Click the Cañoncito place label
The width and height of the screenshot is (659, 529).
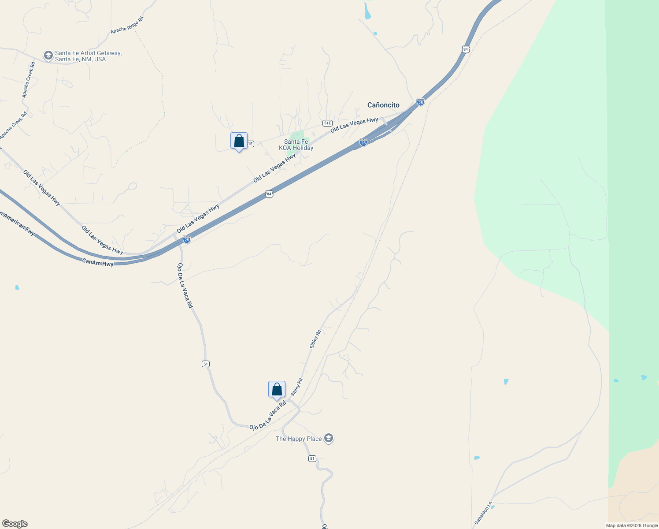click(383, 105)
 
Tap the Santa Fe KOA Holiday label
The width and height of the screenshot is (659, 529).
click(296, 145)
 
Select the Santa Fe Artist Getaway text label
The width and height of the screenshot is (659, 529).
click(88, 56)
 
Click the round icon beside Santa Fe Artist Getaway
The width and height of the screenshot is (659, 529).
click(48, 56)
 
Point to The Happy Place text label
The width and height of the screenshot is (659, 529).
click(299, 439)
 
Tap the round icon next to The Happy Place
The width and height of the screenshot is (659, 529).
click(329, 438)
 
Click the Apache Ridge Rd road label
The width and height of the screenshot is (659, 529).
click(127, 25)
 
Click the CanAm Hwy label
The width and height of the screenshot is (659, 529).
click(98, 263)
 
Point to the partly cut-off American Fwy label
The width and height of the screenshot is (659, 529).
click(18, 224)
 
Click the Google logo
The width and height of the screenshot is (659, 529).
click(15, 524)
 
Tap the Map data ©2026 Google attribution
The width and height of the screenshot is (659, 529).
click(632, 525)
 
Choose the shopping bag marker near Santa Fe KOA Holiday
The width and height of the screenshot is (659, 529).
click(239, 141)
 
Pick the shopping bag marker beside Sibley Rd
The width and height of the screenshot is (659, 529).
click(277, 390)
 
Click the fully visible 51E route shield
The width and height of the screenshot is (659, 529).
click(327, 123)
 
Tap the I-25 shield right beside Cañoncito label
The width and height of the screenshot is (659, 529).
click(421, 102)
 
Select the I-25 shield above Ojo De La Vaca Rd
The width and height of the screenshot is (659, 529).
click(187, 239)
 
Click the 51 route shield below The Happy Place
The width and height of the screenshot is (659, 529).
click(312, 458)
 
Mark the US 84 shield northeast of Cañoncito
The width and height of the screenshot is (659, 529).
click(466, 49)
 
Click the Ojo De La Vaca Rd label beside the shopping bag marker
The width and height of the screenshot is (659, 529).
click(268, 415)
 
